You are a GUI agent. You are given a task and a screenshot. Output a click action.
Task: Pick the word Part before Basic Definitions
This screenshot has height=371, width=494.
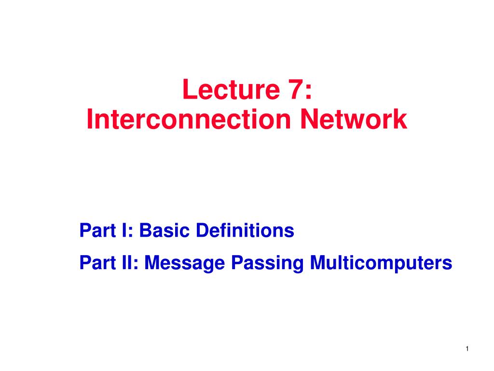pyautogui.click(x=95, y=231)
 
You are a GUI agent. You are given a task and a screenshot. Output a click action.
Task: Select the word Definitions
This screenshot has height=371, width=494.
pyautogui.click(x=245, y=231)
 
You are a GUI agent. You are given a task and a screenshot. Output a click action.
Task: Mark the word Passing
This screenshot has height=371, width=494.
pyautogui.click(x=268, y=264)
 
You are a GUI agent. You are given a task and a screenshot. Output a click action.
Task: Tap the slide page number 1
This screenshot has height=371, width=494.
pyautogui.click(x=468, y=349)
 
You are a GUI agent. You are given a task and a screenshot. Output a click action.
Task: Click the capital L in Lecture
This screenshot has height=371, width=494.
pyautogui.click(x=188, y=90)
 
